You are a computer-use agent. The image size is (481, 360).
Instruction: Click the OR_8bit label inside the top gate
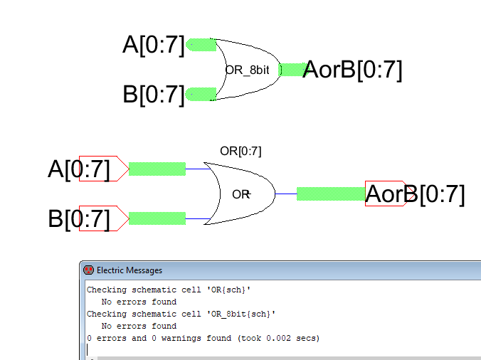247,70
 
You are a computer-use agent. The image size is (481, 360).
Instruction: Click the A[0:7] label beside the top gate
154,45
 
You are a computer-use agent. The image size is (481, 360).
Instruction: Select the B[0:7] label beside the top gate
154,95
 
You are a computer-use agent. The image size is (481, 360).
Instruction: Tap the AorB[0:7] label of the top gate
352,70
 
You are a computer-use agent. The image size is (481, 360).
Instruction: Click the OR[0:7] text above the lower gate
240,151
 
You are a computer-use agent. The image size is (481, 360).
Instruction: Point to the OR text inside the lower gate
241,194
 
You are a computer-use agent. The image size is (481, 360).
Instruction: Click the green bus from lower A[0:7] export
157,169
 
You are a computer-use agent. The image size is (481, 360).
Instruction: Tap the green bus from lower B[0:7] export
157,218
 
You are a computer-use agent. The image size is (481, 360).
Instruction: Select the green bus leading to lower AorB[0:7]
331,194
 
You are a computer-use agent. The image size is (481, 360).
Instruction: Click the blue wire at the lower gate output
286,194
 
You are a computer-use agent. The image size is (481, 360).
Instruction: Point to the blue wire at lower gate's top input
198,169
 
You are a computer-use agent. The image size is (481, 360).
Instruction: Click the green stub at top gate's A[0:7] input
201,45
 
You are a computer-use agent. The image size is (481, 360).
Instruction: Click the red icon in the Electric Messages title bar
89,270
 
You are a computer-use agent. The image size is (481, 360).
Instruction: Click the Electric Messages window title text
129,270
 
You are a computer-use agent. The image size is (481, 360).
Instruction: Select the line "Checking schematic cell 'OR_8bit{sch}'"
181,314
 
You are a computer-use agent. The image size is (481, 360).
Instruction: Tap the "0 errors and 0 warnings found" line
203,338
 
